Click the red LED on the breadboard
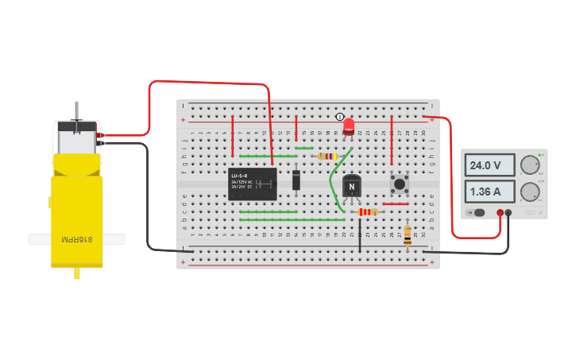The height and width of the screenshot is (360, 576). pyautogui.click(x=349, y=126)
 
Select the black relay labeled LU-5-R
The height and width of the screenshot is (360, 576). pyautogui.click(x=252, y=184)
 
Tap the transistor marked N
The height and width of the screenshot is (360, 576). pyautogui.click(x=351, y=186)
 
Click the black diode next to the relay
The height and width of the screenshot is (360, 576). pyautogui.click(x=296, y=180)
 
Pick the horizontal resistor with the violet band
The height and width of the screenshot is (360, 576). pyautogui.click(x=327, y=157)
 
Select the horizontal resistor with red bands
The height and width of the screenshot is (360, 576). pyautogui.click(x=367, y=212)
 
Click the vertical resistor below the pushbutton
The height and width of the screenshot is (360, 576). pyautogui.click(x=408, y=234)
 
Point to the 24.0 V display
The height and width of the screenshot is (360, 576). pyautogui.click(x=486, y=166)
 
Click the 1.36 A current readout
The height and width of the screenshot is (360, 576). pyautogui.click(x=486, y=192)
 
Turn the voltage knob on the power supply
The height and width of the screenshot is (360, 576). pyautogui.click(x=528, y=165)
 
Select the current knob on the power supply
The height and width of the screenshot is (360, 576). pyautogui.click(x=528, y=192)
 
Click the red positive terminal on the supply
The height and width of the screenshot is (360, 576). pyautogui.click(x=500, y=212)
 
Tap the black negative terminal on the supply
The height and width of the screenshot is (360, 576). pyautogui.click(x=508, y=212)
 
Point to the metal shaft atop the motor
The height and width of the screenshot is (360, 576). pyautogui.click(x=76, y=111)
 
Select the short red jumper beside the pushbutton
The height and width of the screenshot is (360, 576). pyautogui.click(x=396, y=203)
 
